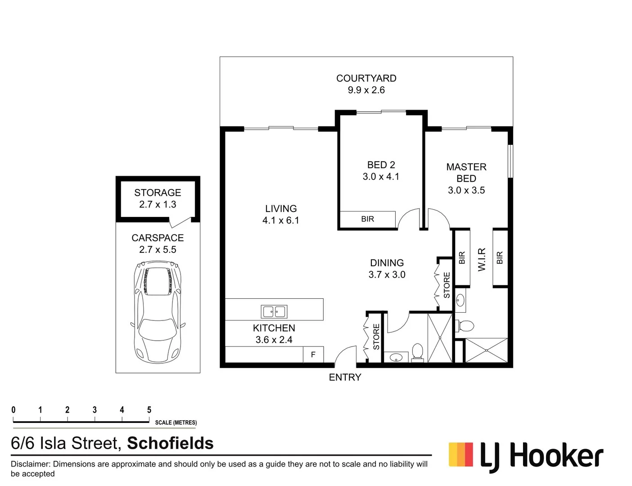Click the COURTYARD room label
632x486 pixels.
[366, 78]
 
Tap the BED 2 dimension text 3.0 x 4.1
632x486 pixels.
[381, 177]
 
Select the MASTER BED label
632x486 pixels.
[466, 173]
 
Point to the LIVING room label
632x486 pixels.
[281, 209]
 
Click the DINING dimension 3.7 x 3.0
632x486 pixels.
[387, 274]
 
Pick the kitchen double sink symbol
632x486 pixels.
[274, 311]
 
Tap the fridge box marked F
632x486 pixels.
[313, 355]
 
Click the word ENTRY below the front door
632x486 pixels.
[345, 378]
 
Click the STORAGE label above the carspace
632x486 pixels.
[158, 193]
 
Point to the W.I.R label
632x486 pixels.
[482, 259]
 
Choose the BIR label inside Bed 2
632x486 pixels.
[367, 219]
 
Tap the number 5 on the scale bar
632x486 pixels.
[149, 410]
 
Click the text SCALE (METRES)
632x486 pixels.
[176, 423]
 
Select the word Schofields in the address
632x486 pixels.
[170, 443]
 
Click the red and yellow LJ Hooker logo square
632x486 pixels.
[460, 454]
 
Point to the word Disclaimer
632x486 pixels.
[30, 464]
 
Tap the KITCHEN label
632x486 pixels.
[274, 328]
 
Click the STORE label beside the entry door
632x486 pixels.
[376, 337]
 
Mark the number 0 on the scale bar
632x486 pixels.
[14, 410]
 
